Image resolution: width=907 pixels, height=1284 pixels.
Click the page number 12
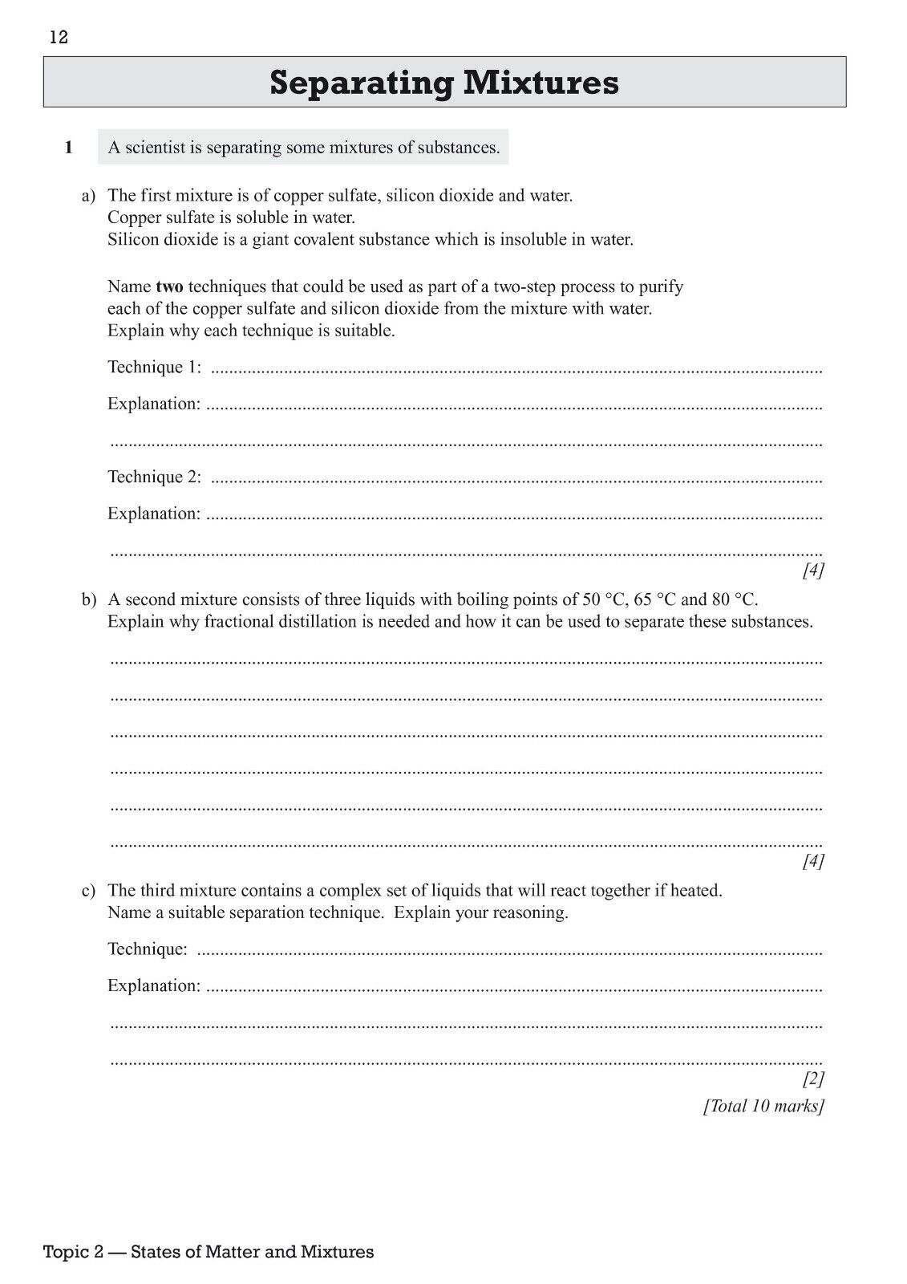(59, 38)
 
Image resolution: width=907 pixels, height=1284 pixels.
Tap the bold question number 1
(69, 148)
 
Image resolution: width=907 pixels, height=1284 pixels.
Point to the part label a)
(88, 195)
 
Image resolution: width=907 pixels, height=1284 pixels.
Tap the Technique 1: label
(155, 367)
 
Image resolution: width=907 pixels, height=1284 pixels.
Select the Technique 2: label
(155, 477)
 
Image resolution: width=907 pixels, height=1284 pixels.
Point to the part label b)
(88, 599)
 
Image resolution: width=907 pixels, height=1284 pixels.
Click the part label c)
(88, 890)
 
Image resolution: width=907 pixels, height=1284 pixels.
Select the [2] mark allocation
(813, 1078)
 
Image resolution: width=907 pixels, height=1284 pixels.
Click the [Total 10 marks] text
(763, 1106)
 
